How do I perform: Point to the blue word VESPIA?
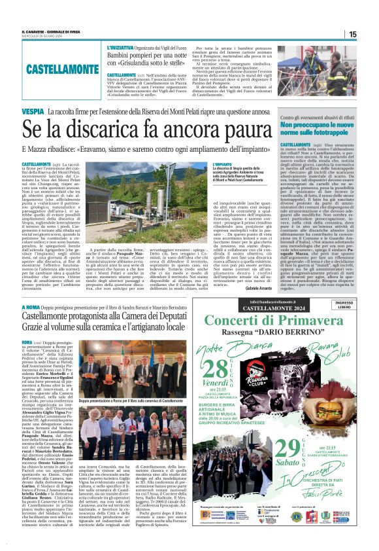pos(33,113)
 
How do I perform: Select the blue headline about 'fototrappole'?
pos(317,130)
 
